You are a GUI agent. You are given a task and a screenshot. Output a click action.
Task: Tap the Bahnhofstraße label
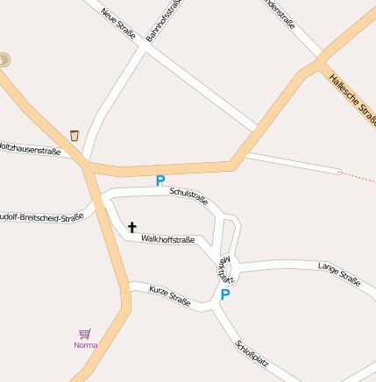(x=166, y=20)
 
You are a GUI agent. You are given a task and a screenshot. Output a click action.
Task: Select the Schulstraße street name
(x=188, y=196)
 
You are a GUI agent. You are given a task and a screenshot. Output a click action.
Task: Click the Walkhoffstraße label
(x=167, y=238)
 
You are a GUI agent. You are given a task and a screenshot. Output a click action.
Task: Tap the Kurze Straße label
(x=169, y=294)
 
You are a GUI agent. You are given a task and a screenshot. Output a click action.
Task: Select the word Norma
(x=85, y=345)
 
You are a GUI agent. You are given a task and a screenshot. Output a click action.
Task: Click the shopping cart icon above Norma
(x=85, y=333)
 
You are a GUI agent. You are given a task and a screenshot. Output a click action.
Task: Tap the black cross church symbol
(x=132, y=227)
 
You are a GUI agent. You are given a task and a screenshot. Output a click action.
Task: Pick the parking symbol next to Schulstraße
(x=160, y=180)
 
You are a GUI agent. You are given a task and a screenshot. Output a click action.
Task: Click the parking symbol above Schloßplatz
(x=224, y=294)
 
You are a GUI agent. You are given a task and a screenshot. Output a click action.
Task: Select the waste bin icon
(x=74, y=135)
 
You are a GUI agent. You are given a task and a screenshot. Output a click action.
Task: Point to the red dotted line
(x=357, y=176)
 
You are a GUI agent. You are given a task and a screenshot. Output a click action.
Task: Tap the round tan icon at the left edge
(x=4, y=60)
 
